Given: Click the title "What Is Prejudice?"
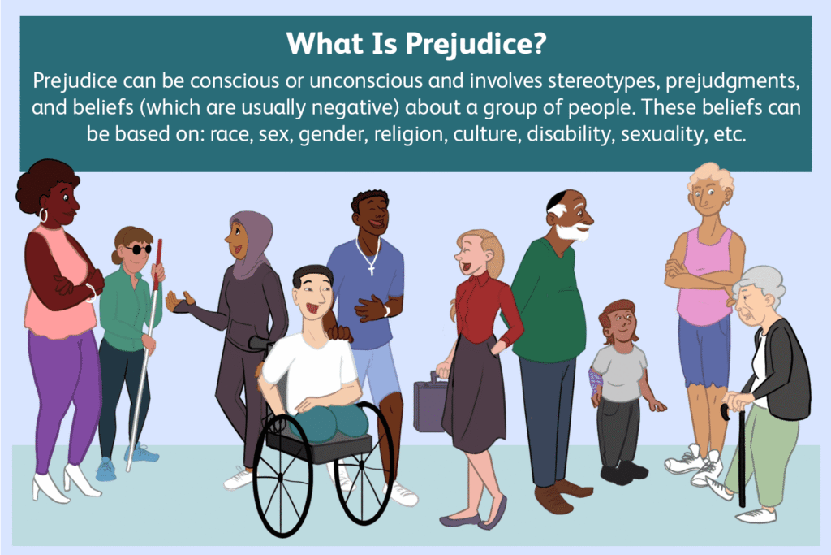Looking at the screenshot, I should (x=415, y=44).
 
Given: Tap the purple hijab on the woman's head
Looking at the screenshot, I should (x=248, y=236).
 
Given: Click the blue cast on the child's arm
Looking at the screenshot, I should (x=596, y=378).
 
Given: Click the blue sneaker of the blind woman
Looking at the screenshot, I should (x=106, y=469).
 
